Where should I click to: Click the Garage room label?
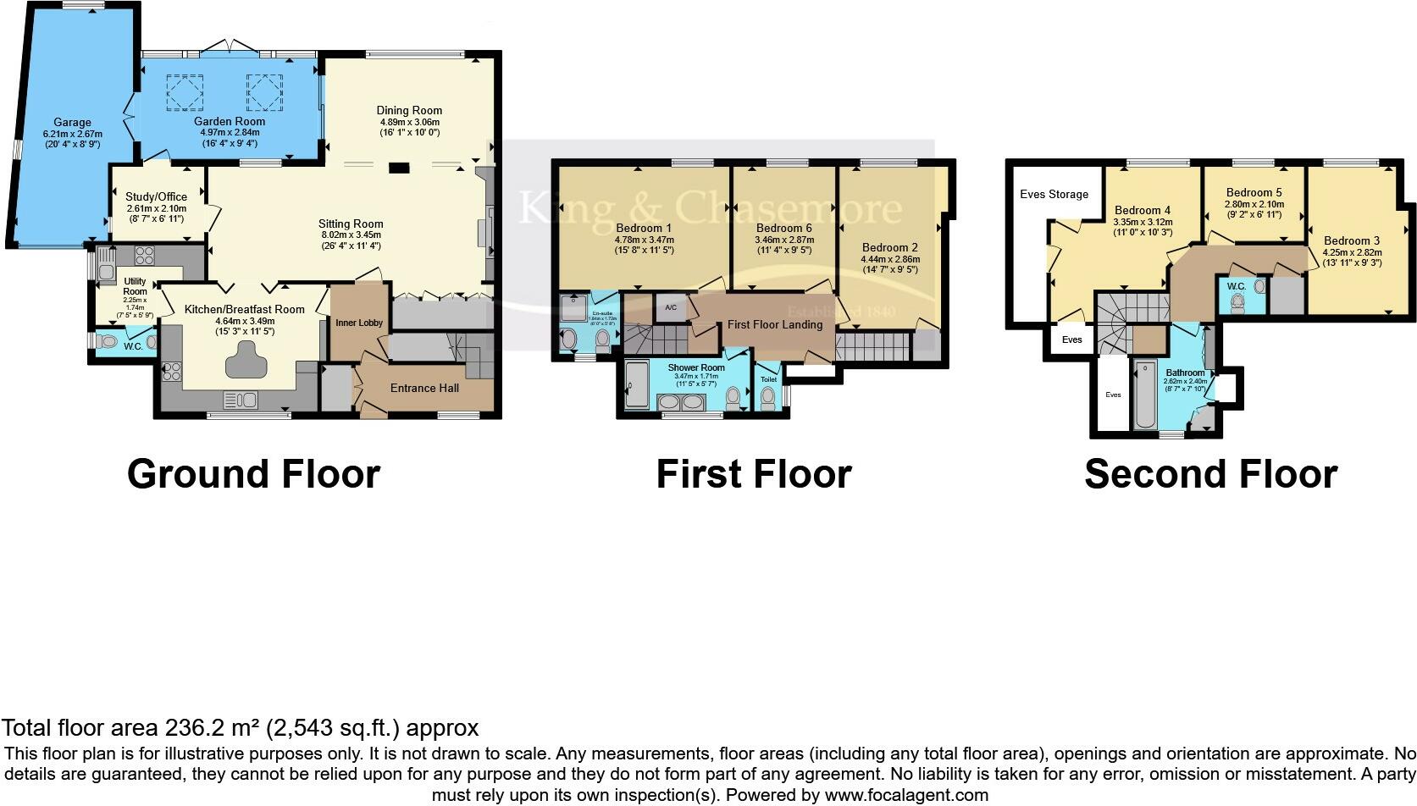click(x=72, y=123)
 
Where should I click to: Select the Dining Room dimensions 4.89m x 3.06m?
click(x=409, y=122)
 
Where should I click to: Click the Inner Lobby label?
click(x=359, y=323)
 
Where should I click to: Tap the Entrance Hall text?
click(x=424, y=388)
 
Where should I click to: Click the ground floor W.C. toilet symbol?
click(x=108, y=342)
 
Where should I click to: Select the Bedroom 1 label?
click(x=644, y=228)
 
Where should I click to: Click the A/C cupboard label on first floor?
click(x=671, y=307)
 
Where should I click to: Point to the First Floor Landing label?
click(x=774, y=324)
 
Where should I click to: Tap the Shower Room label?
click(x=695, y=367)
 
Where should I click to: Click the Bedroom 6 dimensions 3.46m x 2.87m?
click(x=783, y=240)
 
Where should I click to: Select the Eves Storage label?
click(x=1054, y=194)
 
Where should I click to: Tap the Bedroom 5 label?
click(x=1254, y=192)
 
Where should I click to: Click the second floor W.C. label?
click(x=1236, y=286)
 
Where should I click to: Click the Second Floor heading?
click(x=1210, y=473)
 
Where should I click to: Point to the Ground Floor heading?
click(x=253, y=473)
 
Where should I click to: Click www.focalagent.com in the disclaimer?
click(x=906, y=795)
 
